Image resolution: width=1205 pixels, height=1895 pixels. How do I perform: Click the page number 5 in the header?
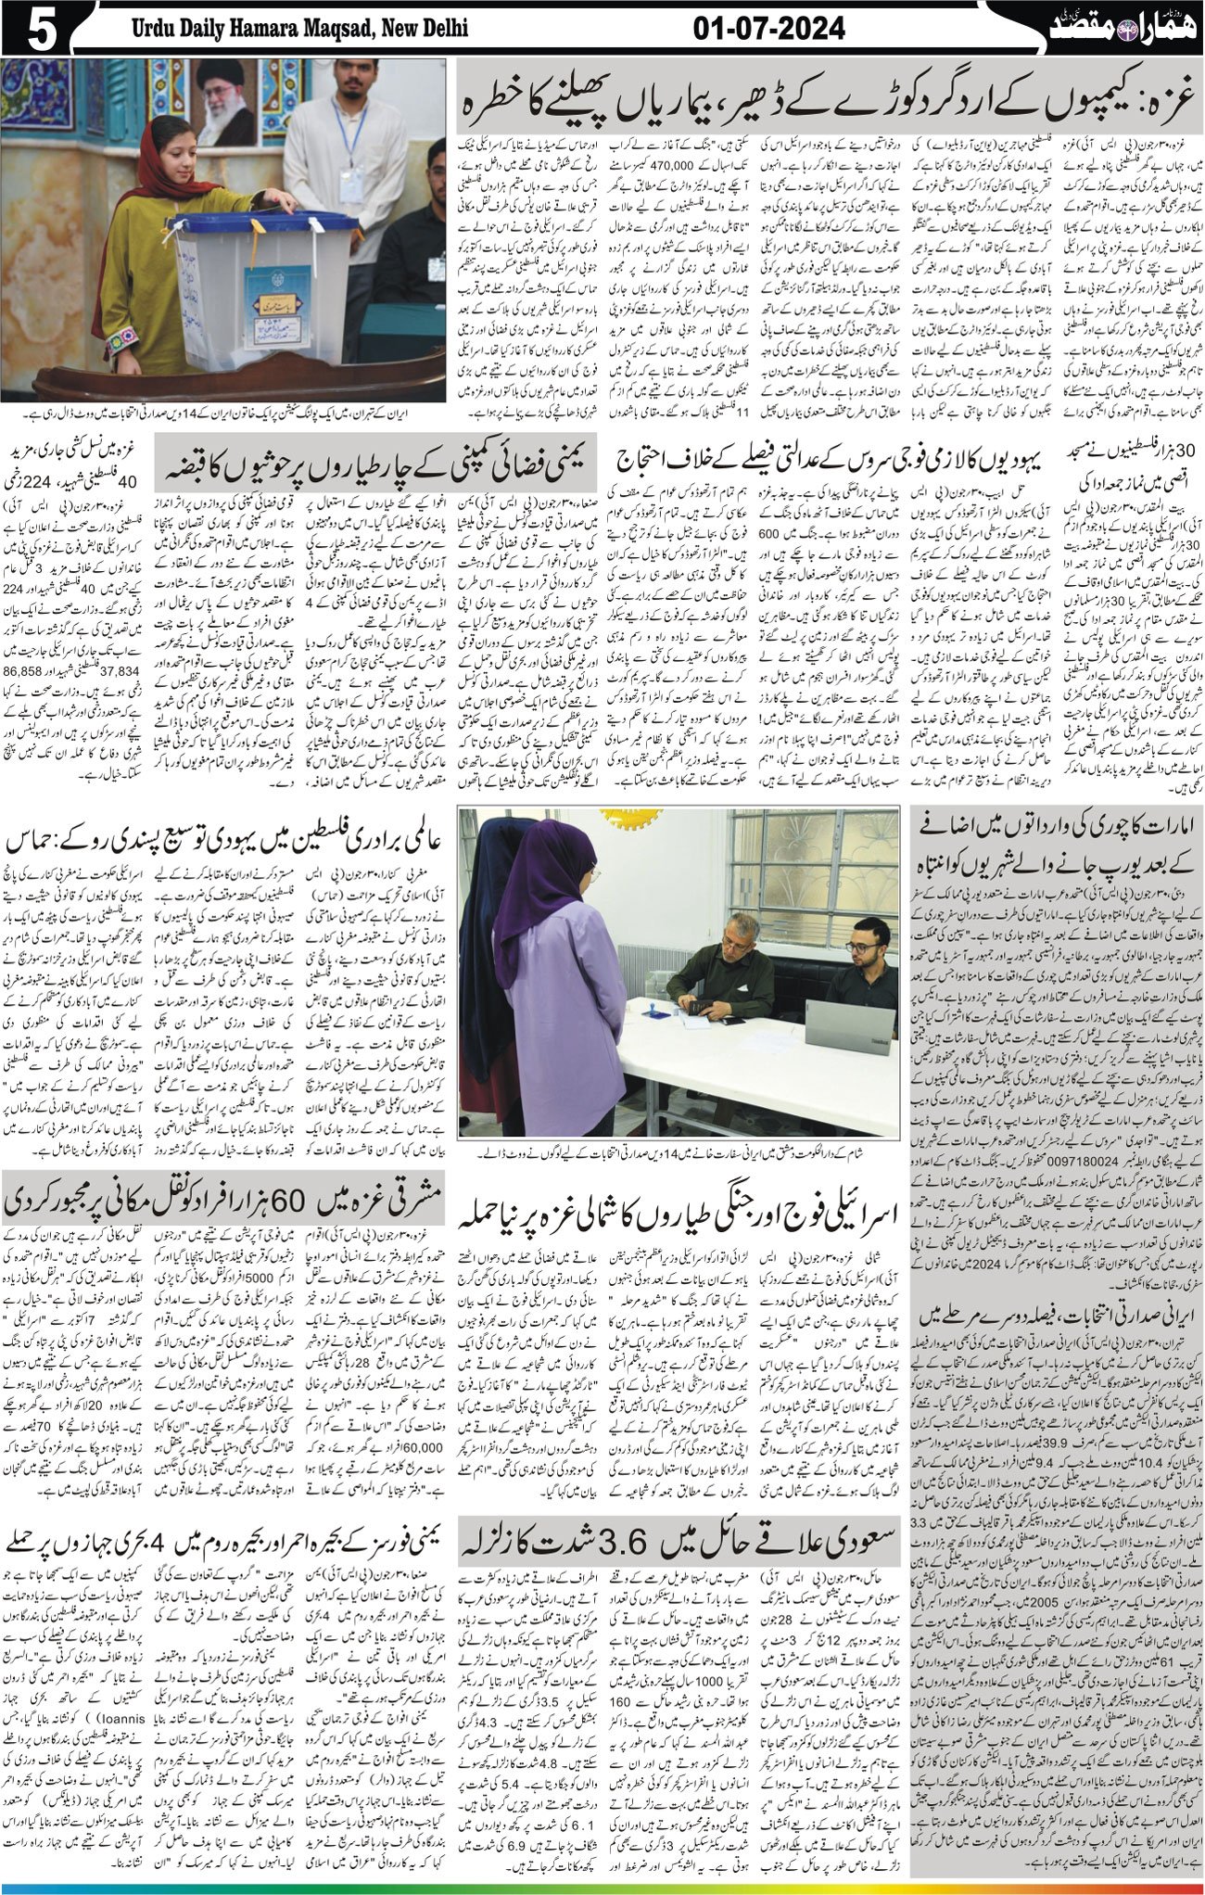click(35, 30)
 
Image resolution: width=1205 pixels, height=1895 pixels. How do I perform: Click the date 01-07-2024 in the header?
click(769, 30)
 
